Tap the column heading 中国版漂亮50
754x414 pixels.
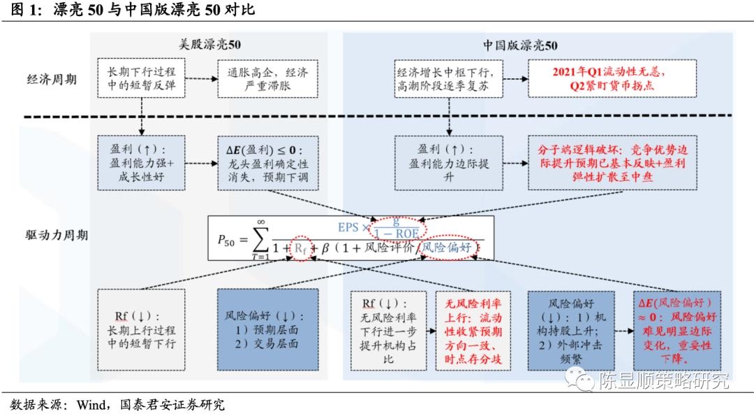click(520, 45)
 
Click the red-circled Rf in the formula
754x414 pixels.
click(300, 248)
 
